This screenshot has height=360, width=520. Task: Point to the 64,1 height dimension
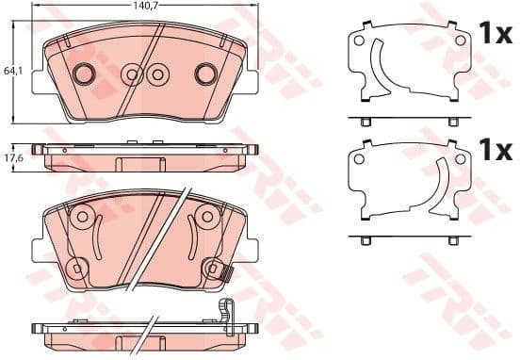11,70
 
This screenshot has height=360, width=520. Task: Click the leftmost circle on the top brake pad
84,73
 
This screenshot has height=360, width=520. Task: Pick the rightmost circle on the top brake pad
205,73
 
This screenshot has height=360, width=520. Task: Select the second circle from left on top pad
132,73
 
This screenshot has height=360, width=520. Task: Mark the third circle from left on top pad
156,73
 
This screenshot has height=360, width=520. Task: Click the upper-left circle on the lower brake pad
81,219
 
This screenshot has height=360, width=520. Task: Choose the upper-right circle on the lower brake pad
204,219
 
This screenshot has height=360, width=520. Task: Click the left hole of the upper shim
358,41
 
